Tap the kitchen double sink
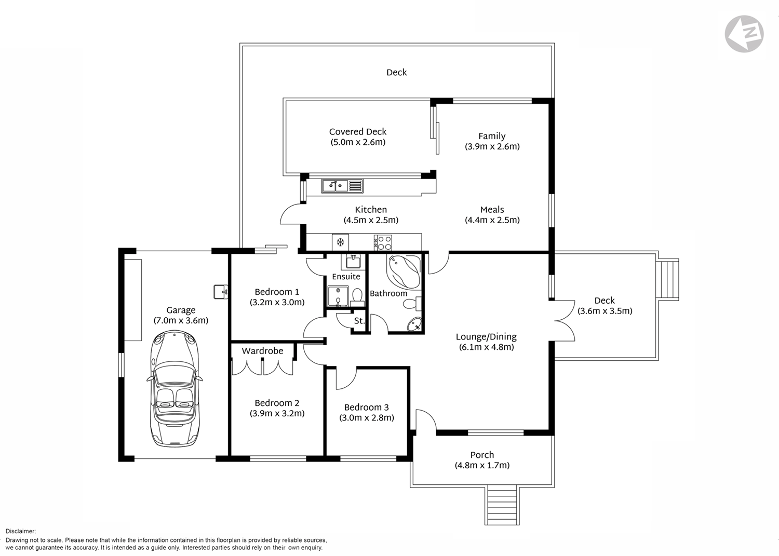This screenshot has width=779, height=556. tap(335, 185)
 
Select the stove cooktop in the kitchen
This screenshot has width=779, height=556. tap(383, 242)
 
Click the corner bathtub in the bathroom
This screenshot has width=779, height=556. tap(404, 271)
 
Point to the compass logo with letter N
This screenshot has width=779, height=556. tap(744, 34)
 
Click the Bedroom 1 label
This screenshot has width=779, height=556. tap(277, 292)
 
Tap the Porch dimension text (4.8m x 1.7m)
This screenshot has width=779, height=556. tap(482, 466)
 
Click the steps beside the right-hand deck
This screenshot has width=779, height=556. tap(667, 279)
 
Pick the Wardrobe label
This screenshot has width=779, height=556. tap(262, 351)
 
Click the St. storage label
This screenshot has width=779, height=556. tap(359, 321)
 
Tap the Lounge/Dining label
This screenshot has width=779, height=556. tap(486, 337)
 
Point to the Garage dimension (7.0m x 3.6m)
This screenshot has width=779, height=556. tap(181, 321)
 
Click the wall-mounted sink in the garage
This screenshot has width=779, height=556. tap(221, 292)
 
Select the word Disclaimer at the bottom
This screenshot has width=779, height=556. tap(21, 531)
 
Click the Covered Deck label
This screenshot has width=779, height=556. tap(358, 132)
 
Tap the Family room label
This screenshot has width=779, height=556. tap(492, 136)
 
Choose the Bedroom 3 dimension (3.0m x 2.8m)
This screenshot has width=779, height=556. tap(367, 418)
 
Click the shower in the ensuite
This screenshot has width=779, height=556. tap(338, 296)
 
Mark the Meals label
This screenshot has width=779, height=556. tap(492, 210)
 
